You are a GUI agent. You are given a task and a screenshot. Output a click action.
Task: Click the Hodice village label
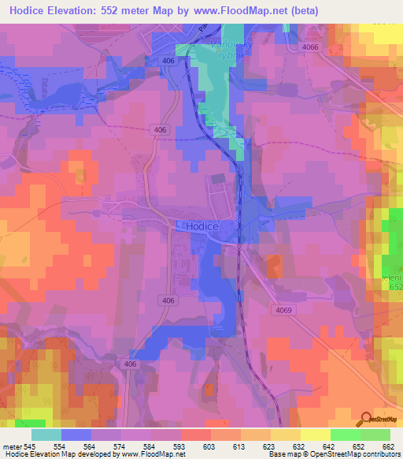click(x=203, y=226)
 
